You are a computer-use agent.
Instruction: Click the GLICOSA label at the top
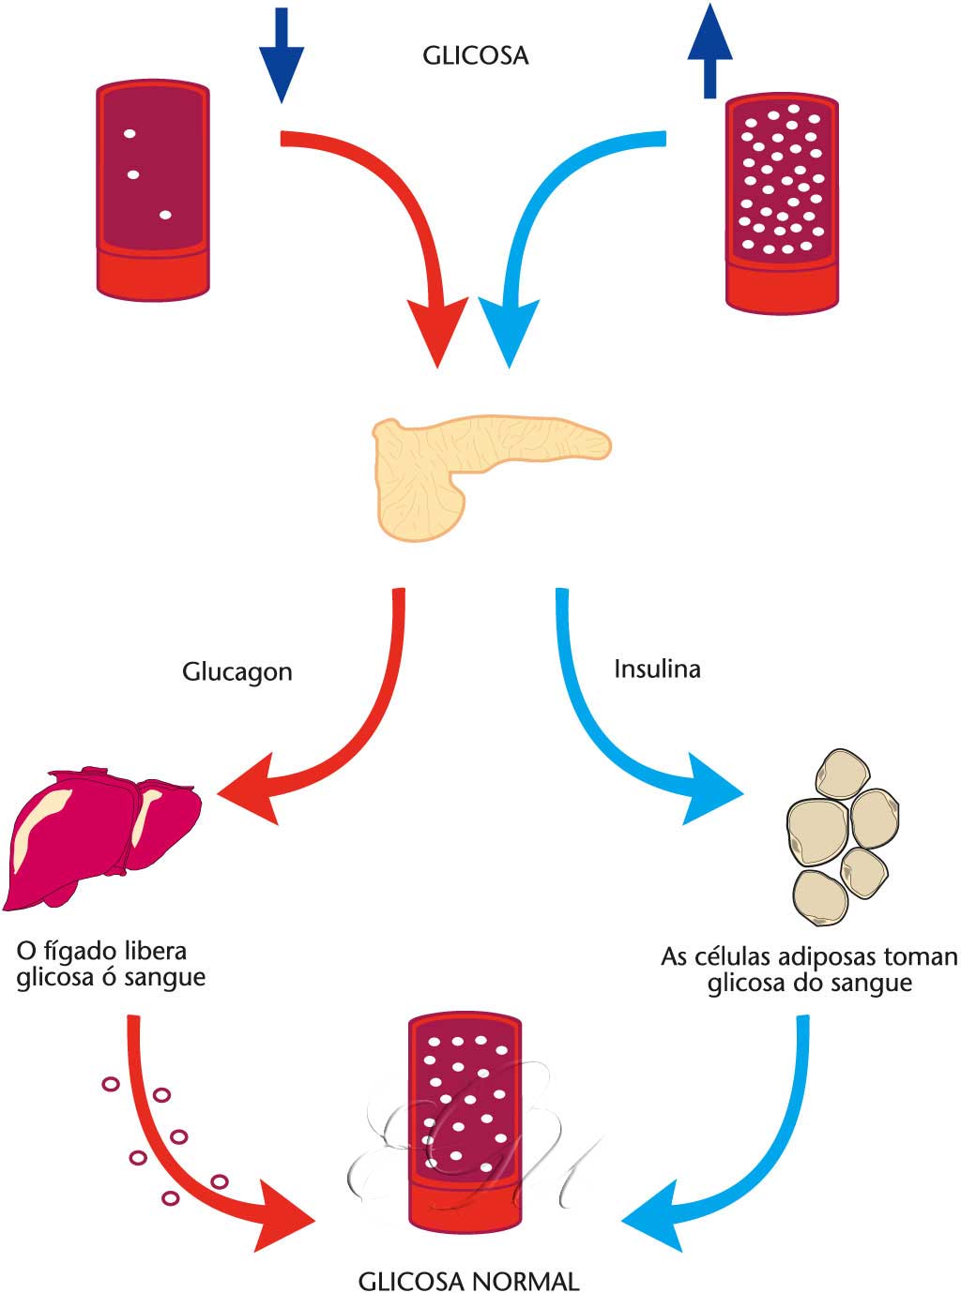475,56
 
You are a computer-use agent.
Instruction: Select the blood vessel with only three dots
153,190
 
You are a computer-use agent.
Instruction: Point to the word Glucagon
237,671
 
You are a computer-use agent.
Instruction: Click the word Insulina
657,669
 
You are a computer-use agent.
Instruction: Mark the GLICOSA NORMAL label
469,1281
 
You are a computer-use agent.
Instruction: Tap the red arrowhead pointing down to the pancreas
436,333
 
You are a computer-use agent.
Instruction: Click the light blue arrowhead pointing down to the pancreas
509,333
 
